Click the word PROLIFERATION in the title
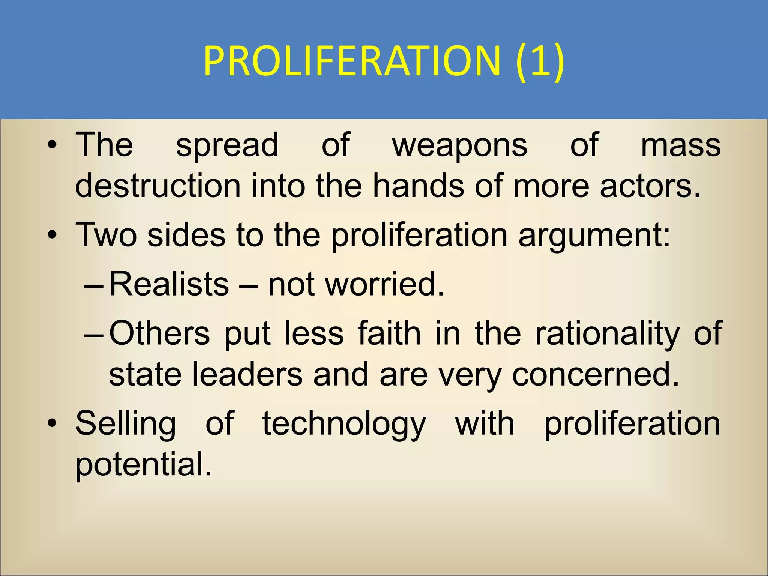click(352, 61)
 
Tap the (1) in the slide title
click(540, 61)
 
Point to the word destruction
click(158, 186)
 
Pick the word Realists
click(169, 284)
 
